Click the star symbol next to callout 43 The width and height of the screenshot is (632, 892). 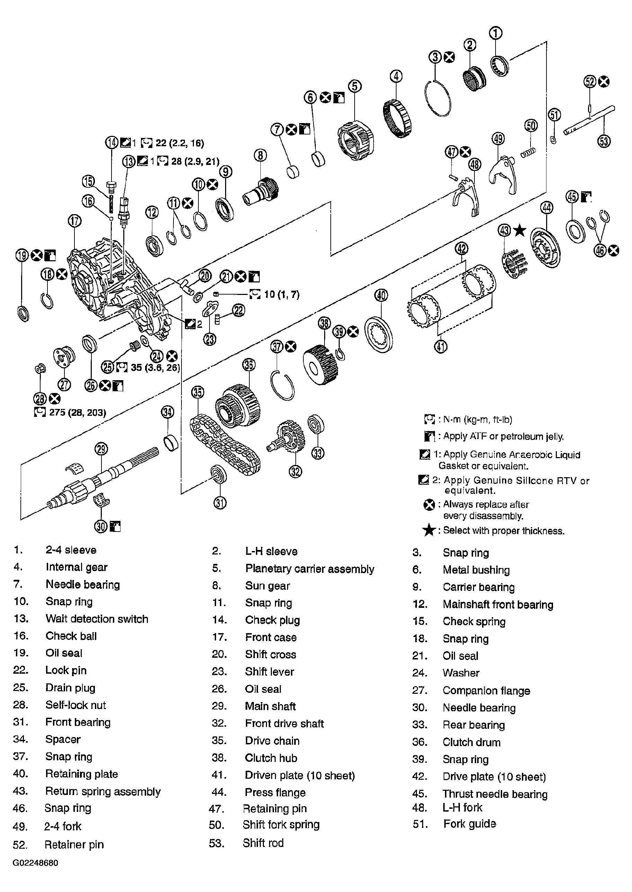(x=519, y=230)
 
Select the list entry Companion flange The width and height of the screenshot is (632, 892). (x=486, y=690)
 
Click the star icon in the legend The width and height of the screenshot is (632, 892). (x=428, y=530)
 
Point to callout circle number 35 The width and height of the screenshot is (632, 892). (x=198, y=392)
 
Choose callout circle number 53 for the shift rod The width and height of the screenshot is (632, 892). (x=604, y=141)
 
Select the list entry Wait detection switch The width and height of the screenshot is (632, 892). (x=97, y=619)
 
